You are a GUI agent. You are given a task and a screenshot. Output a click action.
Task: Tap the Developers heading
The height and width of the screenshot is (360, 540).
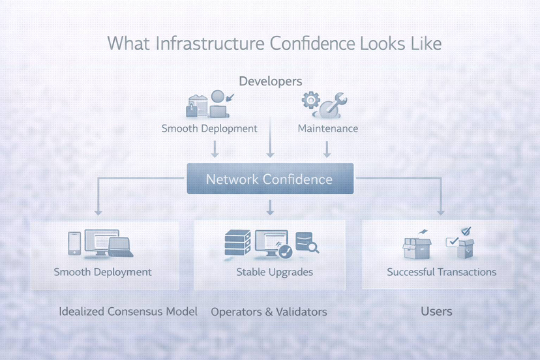(270, 82)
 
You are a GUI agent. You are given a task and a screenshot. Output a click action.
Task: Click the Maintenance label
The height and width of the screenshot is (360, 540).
(327, 128)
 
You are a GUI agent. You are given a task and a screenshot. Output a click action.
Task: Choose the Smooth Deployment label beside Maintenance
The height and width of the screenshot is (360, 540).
(209, 128)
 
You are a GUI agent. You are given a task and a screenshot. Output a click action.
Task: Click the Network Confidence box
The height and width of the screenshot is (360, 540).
(269, 179)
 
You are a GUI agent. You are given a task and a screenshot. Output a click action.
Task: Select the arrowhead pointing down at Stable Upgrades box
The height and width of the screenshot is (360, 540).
(269, 210)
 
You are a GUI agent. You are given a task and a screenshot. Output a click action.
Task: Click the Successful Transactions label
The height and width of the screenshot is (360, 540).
(441, 272)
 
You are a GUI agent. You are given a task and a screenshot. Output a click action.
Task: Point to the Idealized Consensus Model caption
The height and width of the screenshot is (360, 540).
(128, 311)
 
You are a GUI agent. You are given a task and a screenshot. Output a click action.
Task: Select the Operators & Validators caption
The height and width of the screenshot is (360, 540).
(269, 312)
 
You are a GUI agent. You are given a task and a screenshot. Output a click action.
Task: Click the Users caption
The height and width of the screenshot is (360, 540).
(436, 311)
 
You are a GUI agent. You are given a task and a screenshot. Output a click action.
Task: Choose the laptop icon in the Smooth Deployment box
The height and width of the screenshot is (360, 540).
(121, 247)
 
